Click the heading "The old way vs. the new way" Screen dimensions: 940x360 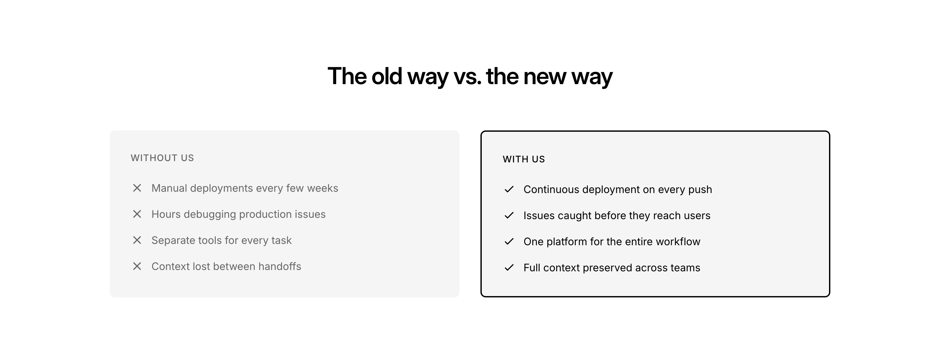click(470, 77)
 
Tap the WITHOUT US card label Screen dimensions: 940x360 click(163, 158)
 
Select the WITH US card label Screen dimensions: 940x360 click(524, 159)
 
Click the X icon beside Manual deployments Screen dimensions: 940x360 click(137, 188)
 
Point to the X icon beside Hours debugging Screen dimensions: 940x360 click(137, 214)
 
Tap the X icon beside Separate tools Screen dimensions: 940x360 click(137, 240)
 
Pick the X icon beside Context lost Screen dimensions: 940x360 click(137, 266)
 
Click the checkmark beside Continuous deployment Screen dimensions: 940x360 click(509, 189)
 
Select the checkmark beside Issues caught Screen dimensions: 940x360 click(509, 216)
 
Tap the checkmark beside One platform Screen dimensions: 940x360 click(509, 241)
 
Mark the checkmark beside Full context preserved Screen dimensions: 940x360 click(509, 268)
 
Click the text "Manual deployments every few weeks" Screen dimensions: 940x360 click(245, 188)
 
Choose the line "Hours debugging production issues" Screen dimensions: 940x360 click(239, 215)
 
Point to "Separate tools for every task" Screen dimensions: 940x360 click(222, 240)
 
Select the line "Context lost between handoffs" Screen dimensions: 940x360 click(226, 267)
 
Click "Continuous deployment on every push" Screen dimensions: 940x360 click(618, 190)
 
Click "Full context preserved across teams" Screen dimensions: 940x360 click(612, 268)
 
